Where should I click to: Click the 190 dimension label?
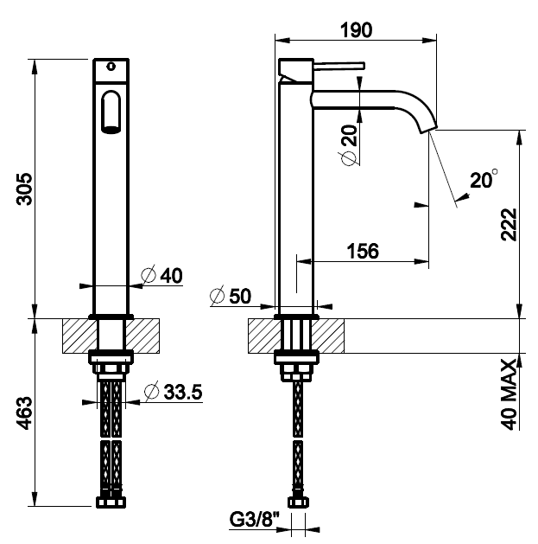click(356, 29)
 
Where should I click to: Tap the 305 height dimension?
click(24, 189)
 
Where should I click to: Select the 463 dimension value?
click(24, 413)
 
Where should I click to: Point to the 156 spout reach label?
click(363, 251)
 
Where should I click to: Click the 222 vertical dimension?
click(509, 224)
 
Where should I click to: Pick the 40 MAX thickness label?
click(509, 394)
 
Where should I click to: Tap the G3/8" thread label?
click(255, 520)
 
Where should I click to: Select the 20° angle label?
click(484, 179)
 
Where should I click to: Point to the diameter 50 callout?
click(231, 296)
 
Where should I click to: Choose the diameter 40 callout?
click(161, 275)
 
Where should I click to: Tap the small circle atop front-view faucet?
click(111, 67)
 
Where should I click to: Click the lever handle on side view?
click(339, 66)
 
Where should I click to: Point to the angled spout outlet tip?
click(428, 130)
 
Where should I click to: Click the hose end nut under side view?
click(298, 502)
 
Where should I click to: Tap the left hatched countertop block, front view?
click(79, 336)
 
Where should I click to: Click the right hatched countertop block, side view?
click(327, 336)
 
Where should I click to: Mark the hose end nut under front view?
click(111, 502)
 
